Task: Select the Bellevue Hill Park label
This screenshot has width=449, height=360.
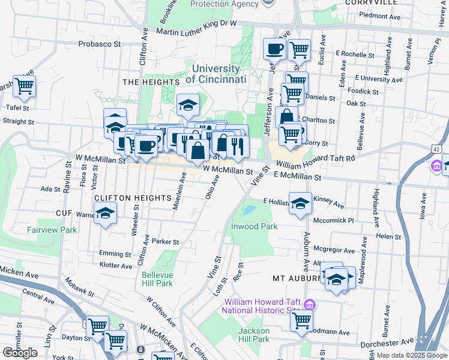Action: coord(157,279)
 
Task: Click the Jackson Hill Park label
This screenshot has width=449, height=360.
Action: coord(254,335)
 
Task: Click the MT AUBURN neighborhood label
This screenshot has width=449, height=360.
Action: coord(294,279)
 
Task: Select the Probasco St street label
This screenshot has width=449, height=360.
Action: coord(100,44)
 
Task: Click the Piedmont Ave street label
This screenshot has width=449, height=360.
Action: coord(380,17)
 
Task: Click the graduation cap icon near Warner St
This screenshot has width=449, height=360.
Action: coord(106,213)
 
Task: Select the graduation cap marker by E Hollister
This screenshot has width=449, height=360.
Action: coord(301,202)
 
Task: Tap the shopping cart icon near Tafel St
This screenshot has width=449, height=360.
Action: coord(25,86)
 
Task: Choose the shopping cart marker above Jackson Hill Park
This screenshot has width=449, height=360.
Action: coord(301,320)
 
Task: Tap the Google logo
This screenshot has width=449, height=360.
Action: coord(20,353)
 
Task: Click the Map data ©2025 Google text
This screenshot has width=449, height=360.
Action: coord(412,355)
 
